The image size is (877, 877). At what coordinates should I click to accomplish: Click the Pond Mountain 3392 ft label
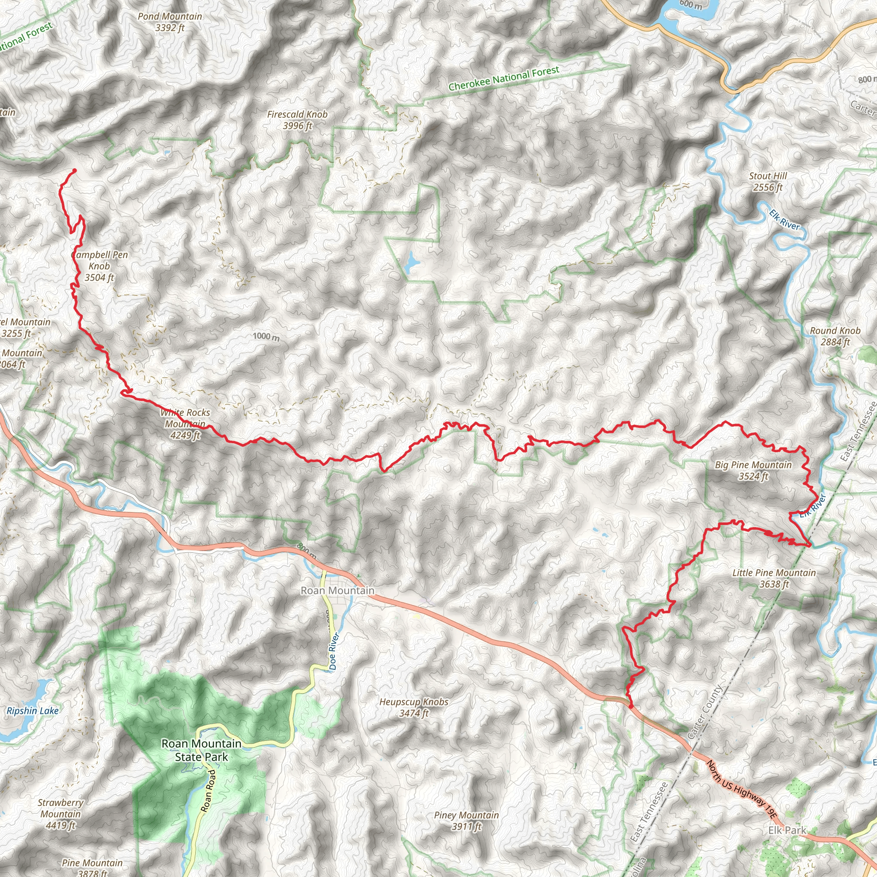coord(170,22)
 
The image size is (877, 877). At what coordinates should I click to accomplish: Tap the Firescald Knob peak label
coord(297,120)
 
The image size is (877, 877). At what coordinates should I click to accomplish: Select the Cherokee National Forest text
coord(504,78)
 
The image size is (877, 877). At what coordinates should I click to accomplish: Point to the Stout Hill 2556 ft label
coord(768,182)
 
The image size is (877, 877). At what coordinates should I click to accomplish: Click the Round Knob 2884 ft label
coord(835,336)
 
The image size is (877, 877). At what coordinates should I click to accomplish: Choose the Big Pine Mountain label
coord(753,470)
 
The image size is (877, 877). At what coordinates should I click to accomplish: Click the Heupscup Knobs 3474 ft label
coord(414,708)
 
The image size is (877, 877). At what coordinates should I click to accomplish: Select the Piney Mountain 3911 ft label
coord(466,821)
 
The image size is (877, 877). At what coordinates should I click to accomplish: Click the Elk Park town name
coord(787,830)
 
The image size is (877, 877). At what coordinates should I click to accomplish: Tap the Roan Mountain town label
coord(338,591)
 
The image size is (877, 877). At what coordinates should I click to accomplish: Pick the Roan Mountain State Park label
coord(202,750)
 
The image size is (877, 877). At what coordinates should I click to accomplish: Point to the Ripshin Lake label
coord(33,711)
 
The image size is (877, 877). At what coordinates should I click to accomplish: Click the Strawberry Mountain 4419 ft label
coord(60,814)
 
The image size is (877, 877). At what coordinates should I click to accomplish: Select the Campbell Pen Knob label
coord(99,266)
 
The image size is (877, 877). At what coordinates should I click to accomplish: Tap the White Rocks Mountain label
coord(185,424)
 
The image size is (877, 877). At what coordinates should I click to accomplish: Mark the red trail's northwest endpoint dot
coord(75,171)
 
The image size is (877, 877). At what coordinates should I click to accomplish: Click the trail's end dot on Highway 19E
coord(631,706)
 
